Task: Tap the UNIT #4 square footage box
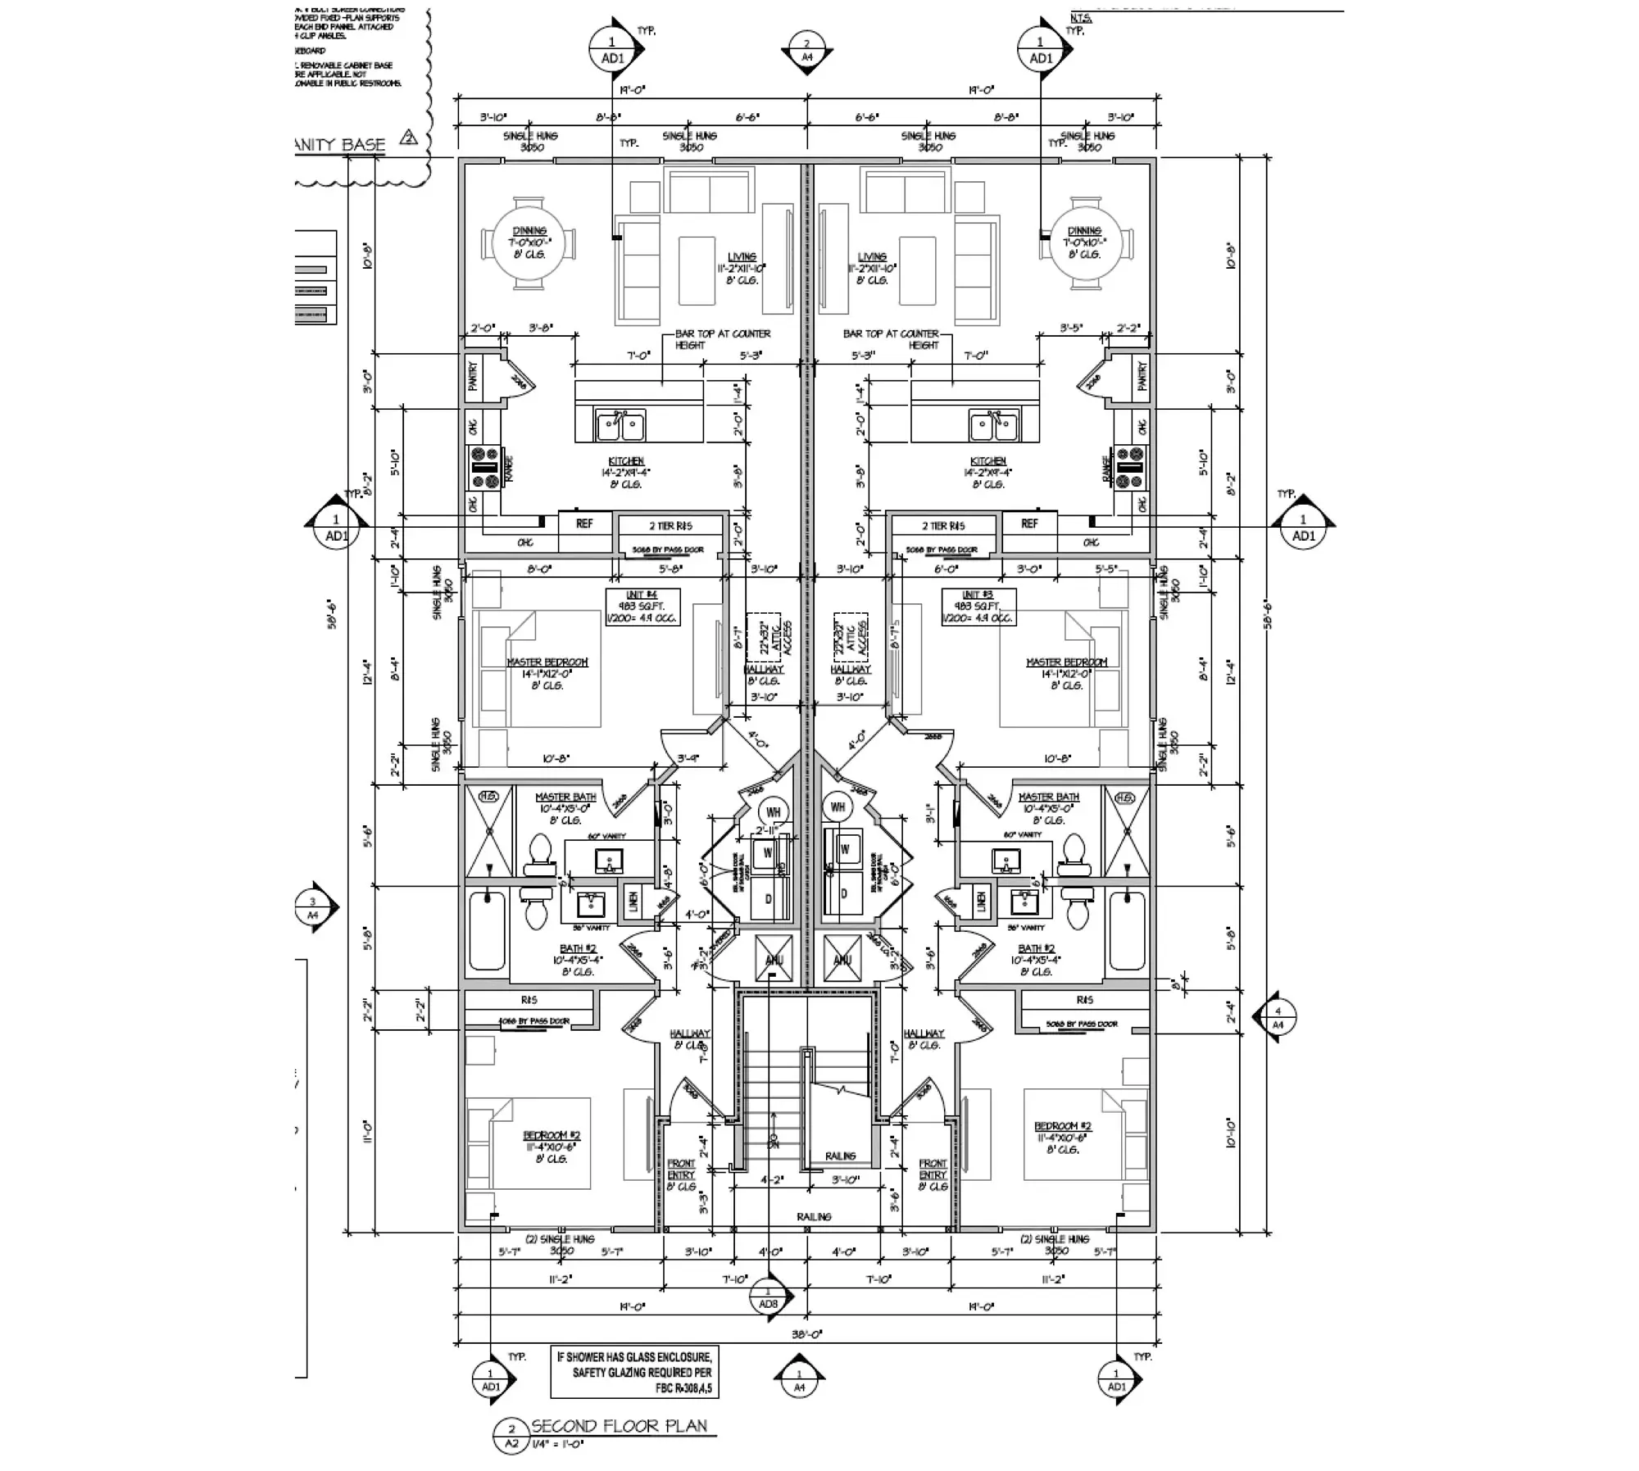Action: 642,607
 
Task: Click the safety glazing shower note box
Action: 634,1372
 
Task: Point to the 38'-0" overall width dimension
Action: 806,1334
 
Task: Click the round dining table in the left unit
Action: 529,243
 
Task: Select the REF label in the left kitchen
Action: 584,523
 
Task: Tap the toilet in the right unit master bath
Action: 1074,852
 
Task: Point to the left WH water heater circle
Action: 773,812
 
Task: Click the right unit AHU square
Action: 842,959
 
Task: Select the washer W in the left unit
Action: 768,852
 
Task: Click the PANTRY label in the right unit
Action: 1142,376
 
